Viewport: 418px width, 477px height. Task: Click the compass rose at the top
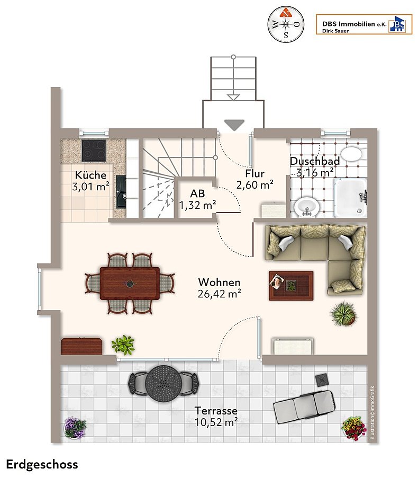tap(286, 24)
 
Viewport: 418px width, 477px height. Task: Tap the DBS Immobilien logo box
tap(364, 24)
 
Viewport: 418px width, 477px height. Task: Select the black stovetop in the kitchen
tap(94, 151)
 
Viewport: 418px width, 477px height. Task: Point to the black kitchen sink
tap(121, 192)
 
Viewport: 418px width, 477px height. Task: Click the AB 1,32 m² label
tap(197, 200)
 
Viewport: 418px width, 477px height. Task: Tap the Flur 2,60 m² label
tap(255, 179)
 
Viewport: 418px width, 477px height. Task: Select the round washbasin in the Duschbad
tap(307, 207)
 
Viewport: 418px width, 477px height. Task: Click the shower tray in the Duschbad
tap(351, 198)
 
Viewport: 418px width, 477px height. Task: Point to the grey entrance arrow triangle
tap(234, 125)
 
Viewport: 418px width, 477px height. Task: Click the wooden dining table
tap(130, 283)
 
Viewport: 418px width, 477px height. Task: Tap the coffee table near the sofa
tap(291, 286)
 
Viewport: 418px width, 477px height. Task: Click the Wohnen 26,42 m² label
tap(220, 288)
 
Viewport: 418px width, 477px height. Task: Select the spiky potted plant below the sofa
tap(343, 314)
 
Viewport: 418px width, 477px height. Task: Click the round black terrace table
tap(163, 381)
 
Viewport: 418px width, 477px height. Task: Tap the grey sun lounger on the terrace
tap(304, 407)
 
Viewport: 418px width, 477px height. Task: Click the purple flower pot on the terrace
tap(75, 427)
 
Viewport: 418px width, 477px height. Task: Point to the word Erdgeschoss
tap(42, 465)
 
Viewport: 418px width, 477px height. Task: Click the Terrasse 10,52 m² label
tap(216, 417)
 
